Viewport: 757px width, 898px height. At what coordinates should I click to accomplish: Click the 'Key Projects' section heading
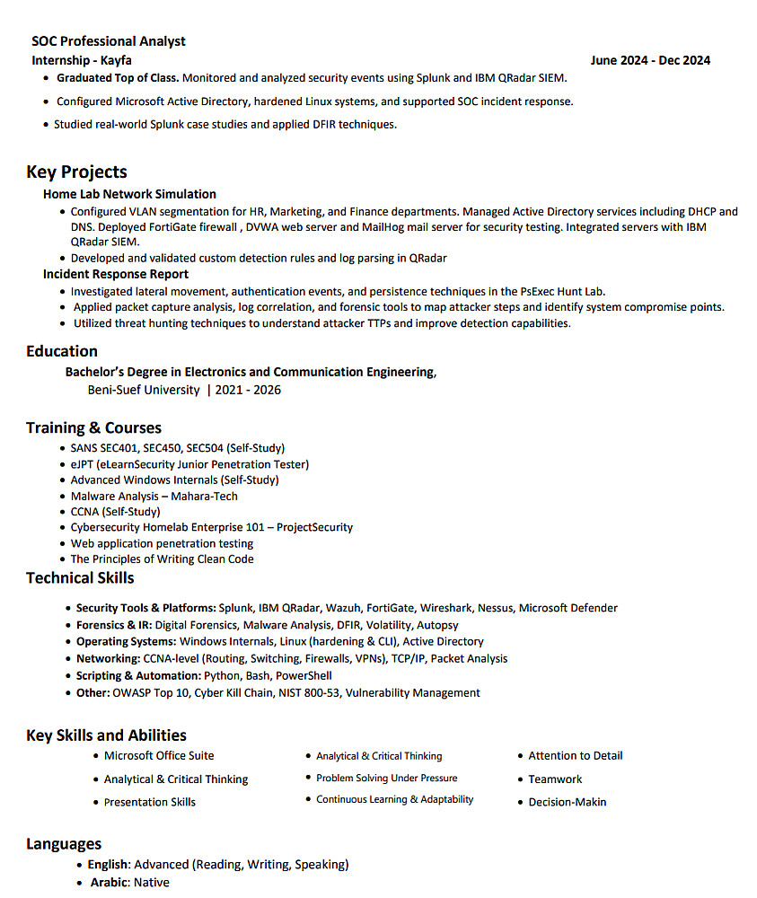click(x=76, y=172)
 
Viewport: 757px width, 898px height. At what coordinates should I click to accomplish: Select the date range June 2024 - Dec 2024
click(x=650, y=60)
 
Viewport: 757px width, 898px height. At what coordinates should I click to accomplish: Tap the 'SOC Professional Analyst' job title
click(x=109, y=41)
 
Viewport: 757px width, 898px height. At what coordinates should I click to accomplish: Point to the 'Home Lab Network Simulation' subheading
click(x=129, y=194)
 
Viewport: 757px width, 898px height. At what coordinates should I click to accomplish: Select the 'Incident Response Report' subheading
click(x=116, y=274)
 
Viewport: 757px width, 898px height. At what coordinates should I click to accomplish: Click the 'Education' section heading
click(x=62, y=351)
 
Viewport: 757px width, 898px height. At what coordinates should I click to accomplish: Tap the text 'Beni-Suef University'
click(x=144, y=390)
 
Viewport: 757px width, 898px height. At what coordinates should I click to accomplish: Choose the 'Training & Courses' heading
click(x=93, y=427)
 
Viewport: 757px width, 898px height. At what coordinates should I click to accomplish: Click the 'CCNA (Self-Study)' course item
click(x=116, y=512)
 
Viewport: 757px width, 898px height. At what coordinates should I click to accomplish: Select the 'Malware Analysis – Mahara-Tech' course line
click(x=154, y=496)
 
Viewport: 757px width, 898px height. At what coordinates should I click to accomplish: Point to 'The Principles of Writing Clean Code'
click(x=163, y=559)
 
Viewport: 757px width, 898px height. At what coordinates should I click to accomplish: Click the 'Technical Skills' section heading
click(x=80, y=577)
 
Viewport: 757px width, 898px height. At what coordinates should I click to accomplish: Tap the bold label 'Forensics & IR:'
click(x=114, y=625)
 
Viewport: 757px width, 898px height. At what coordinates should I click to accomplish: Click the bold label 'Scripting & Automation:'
click(x=138, y=675)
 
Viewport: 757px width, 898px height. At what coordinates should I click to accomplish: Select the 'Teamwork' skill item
click(x=555, y=779)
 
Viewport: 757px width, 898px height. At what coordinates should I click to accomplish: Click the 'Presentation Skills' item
click(x=150, y=802)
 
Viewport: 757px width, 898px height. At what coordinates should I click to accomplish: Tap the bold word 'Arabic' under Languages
click(x=109, y=882)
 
